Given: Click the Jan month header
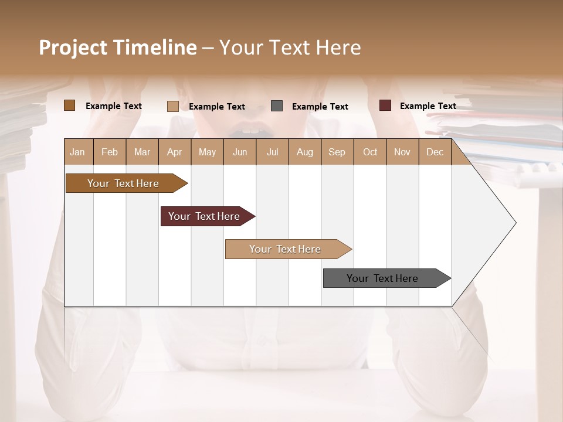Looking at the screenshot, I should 77,152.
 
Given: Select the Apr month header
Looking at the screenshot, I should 174,152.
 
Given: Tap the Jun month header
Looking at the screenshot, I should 240,152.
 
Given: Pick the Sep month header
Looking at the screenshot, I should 337,152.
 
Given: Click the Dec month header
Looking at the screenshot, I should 435,152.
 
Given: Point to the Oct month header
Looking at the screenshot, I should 370,152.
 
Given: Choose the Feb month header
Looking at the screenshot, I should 110,152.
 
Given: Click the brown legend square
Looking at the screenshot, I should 69,105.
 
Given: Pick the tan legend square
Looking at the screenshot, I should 172,106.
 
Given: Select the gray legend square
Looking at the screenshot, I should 277,106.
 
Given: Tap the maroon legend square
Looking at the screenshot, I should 385,105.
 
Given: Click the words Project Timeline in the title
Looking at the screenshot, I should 117,47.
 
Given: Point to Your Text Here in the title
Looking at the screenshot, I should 290,47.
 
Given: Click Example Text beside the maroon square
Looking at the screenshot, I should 428,106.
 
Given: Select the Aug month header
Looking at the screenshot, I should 304,152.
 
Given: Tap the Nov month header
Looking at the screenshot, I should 402,152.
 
